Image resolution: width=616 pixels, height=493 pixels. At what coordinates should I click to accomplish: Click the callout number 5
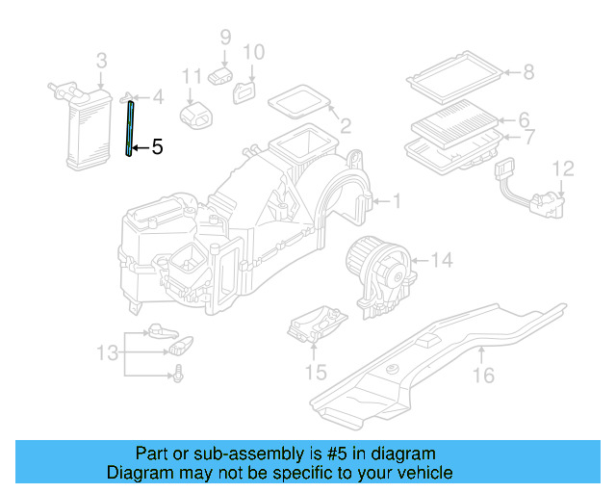158,147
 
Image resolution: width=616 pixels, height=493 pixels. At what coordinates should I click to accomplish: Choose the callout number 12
563,169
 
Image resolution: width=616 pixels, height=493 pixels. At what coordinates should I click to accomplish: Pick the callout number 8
527,70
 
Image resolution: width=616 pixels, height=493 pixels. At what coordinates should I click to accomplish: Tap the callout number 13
109,352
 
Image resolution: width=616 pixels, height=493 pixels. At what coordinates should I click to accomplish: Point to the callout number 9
225,38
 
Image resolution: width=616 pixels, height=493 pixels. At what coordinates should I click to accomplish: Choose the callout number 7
527,138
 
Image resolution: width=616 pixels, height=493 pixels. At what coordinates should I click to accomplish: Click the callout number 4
158,97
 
